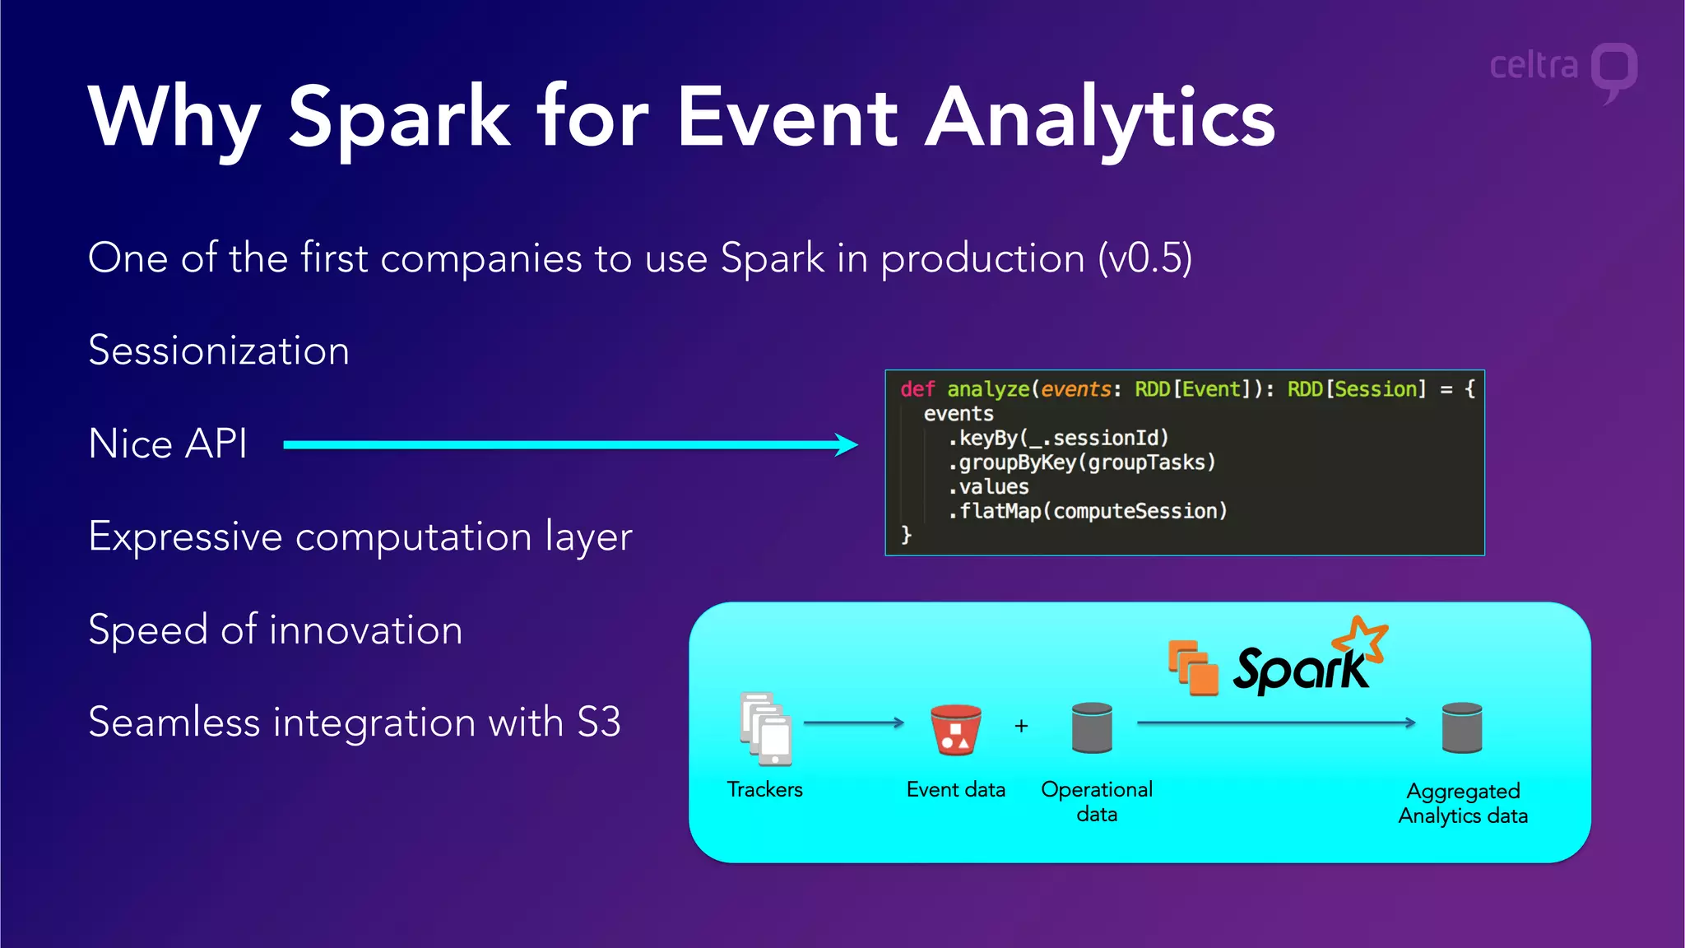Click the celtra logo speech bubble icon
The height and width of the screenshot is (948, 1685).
point(1613,69)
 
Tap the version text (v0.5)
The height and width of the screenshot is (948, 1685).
point(1144,258)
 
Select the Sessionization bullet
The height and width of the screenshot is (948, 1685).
point(219,351)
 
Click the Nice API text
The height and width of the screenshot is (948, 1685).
point(168,444)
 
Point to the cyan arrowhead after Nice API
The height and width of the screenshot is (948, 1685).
point(847,444)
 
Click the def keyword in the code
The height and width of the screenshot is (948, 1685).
point(917,389)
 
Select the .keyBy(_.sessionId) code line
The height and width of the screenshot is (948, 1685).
point(1058,438)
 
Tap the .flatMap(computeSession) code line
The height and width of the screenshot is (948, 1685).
point(1087,511)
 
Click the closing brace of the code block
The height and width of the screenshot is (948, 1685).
point(906,535)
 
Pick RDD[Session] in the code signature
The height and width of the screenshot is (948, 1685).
point(1356,389)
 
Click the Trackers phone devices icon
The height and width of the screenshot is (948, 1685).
point(765,728)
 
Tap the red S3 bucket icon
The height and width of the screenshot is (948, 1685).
point(955,729)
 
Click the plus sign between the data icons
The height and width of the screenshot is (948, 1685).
point(1021,726)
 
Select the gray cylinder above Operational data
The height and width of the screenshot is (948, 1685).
point(1092,727)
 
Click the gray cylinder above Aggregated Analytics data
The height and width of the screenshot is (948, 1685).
point(1462,727)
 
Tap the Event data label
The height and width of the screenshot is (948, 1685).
point(955,790)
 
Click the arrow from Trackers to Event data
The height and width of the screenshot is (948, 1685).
point(853,723)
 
